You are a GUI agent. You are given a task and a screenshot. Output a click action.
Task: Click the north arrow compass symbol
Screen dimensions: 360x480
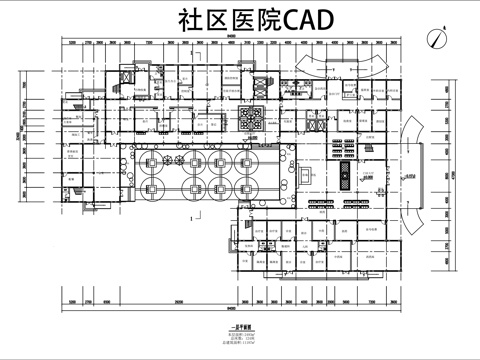click(435, 38)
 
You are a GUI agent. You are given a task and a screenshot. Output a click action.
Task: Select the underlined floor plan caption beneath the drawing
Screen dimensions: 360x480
click(239, 326)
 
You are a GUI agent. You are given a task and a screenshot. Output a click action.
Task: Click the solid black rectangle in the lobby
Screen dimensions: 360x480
click(346, 176)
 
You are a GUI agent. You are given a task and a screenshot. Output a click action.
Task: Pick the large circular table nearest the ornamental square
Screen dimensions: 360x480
click(246, 161)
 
